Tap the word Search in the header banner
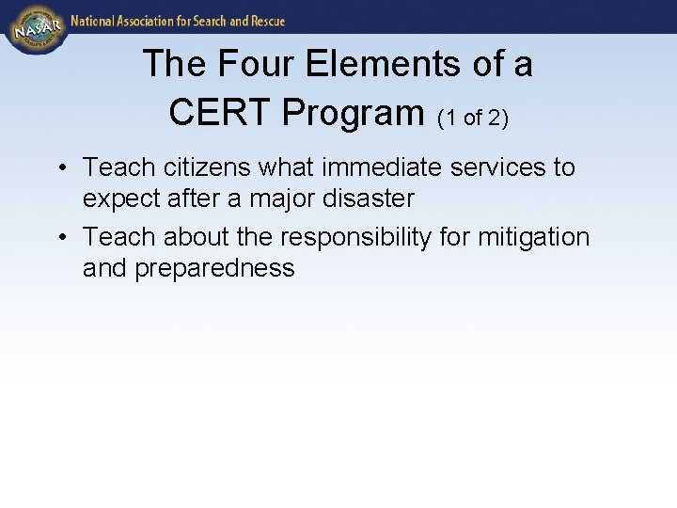[x=209, y=20]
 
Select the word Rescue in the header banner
[x=265, y=20]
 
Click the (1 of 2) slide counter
[x=474, y=117]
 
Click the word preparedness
[x=214, y=269]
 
